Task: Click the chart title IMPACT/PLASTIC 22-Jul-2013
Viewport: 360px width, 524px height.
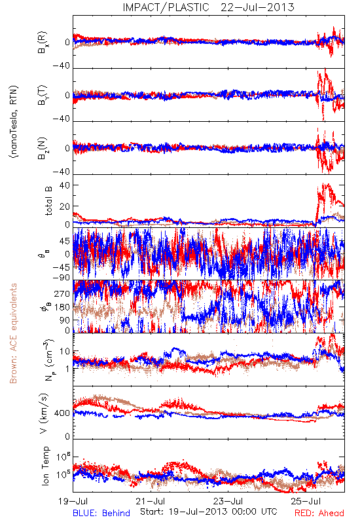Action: (208, 7)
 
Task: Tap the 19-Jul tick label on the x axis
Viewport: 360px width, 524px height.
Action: (73, 501)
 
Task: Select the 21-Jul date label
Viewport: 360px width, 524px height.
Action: (151, 501)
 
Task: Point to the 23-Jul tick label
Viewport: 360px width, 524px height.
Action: (228, 501)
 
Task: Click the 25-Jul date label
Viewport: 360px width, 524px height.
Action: (306, 501)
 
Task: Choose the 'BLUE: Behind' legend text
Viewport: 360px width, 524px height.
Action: (101, 513)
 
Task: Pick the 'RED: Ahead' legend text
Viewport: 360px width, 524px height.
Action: (319, 513)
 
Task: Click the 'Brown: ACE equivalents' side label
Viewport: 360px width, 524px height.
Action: (13, 333)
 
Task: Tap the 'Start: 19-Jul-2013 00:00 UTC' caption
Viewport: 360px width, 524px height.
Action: (209, 512)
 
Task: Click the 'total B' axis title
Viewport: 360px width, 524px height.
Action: (48, 201)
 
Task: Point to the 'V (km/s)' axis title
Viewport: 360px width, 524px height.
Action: (44, 413)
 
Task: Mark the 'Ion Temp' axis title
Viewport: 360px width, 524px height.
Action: (45, 466)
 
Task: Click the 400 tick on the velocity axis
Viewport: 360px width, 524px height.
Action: (62, 413)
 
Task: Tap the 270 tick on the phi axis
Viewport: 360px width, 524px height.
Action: (62, 293)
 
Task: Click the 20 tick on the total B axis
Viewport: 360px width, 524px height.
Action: (65, 206)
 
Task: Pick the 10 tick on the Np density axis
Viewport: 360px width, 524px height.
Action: (65, 352)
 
